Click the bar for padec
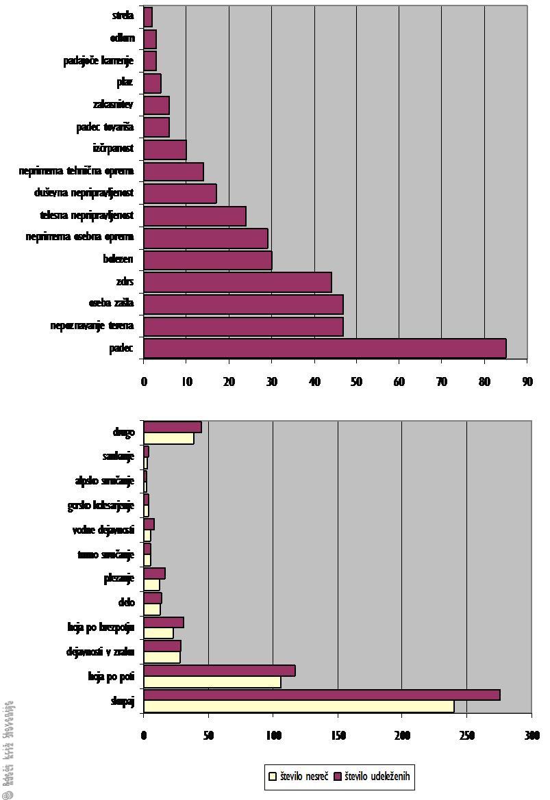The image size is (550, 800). point(325,348)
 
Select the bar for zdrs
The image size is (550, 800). point(238,282)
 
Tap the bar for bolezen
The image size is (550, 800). point(208,260)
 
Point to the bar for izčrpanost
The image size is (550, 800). point(165,149)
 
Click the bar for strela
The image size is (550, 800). point(148,16)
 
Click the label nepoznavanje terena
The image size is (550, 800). point(92,326)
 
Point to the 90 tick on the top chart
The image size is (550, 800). point(527,381)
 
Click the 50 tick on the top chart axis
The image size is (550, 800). point(356,381)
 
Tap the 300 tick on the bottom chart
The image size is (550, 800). point(532,736)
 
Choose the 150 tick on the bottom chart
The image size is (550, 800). point(338,736)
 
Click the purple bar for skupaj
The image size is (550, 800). point(322,695)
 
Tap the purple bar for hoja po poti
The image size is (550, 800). point(219,671)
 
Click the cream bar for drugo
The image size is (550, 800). point(168,439)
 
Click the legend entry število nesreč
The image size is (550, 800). point(299,777)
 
